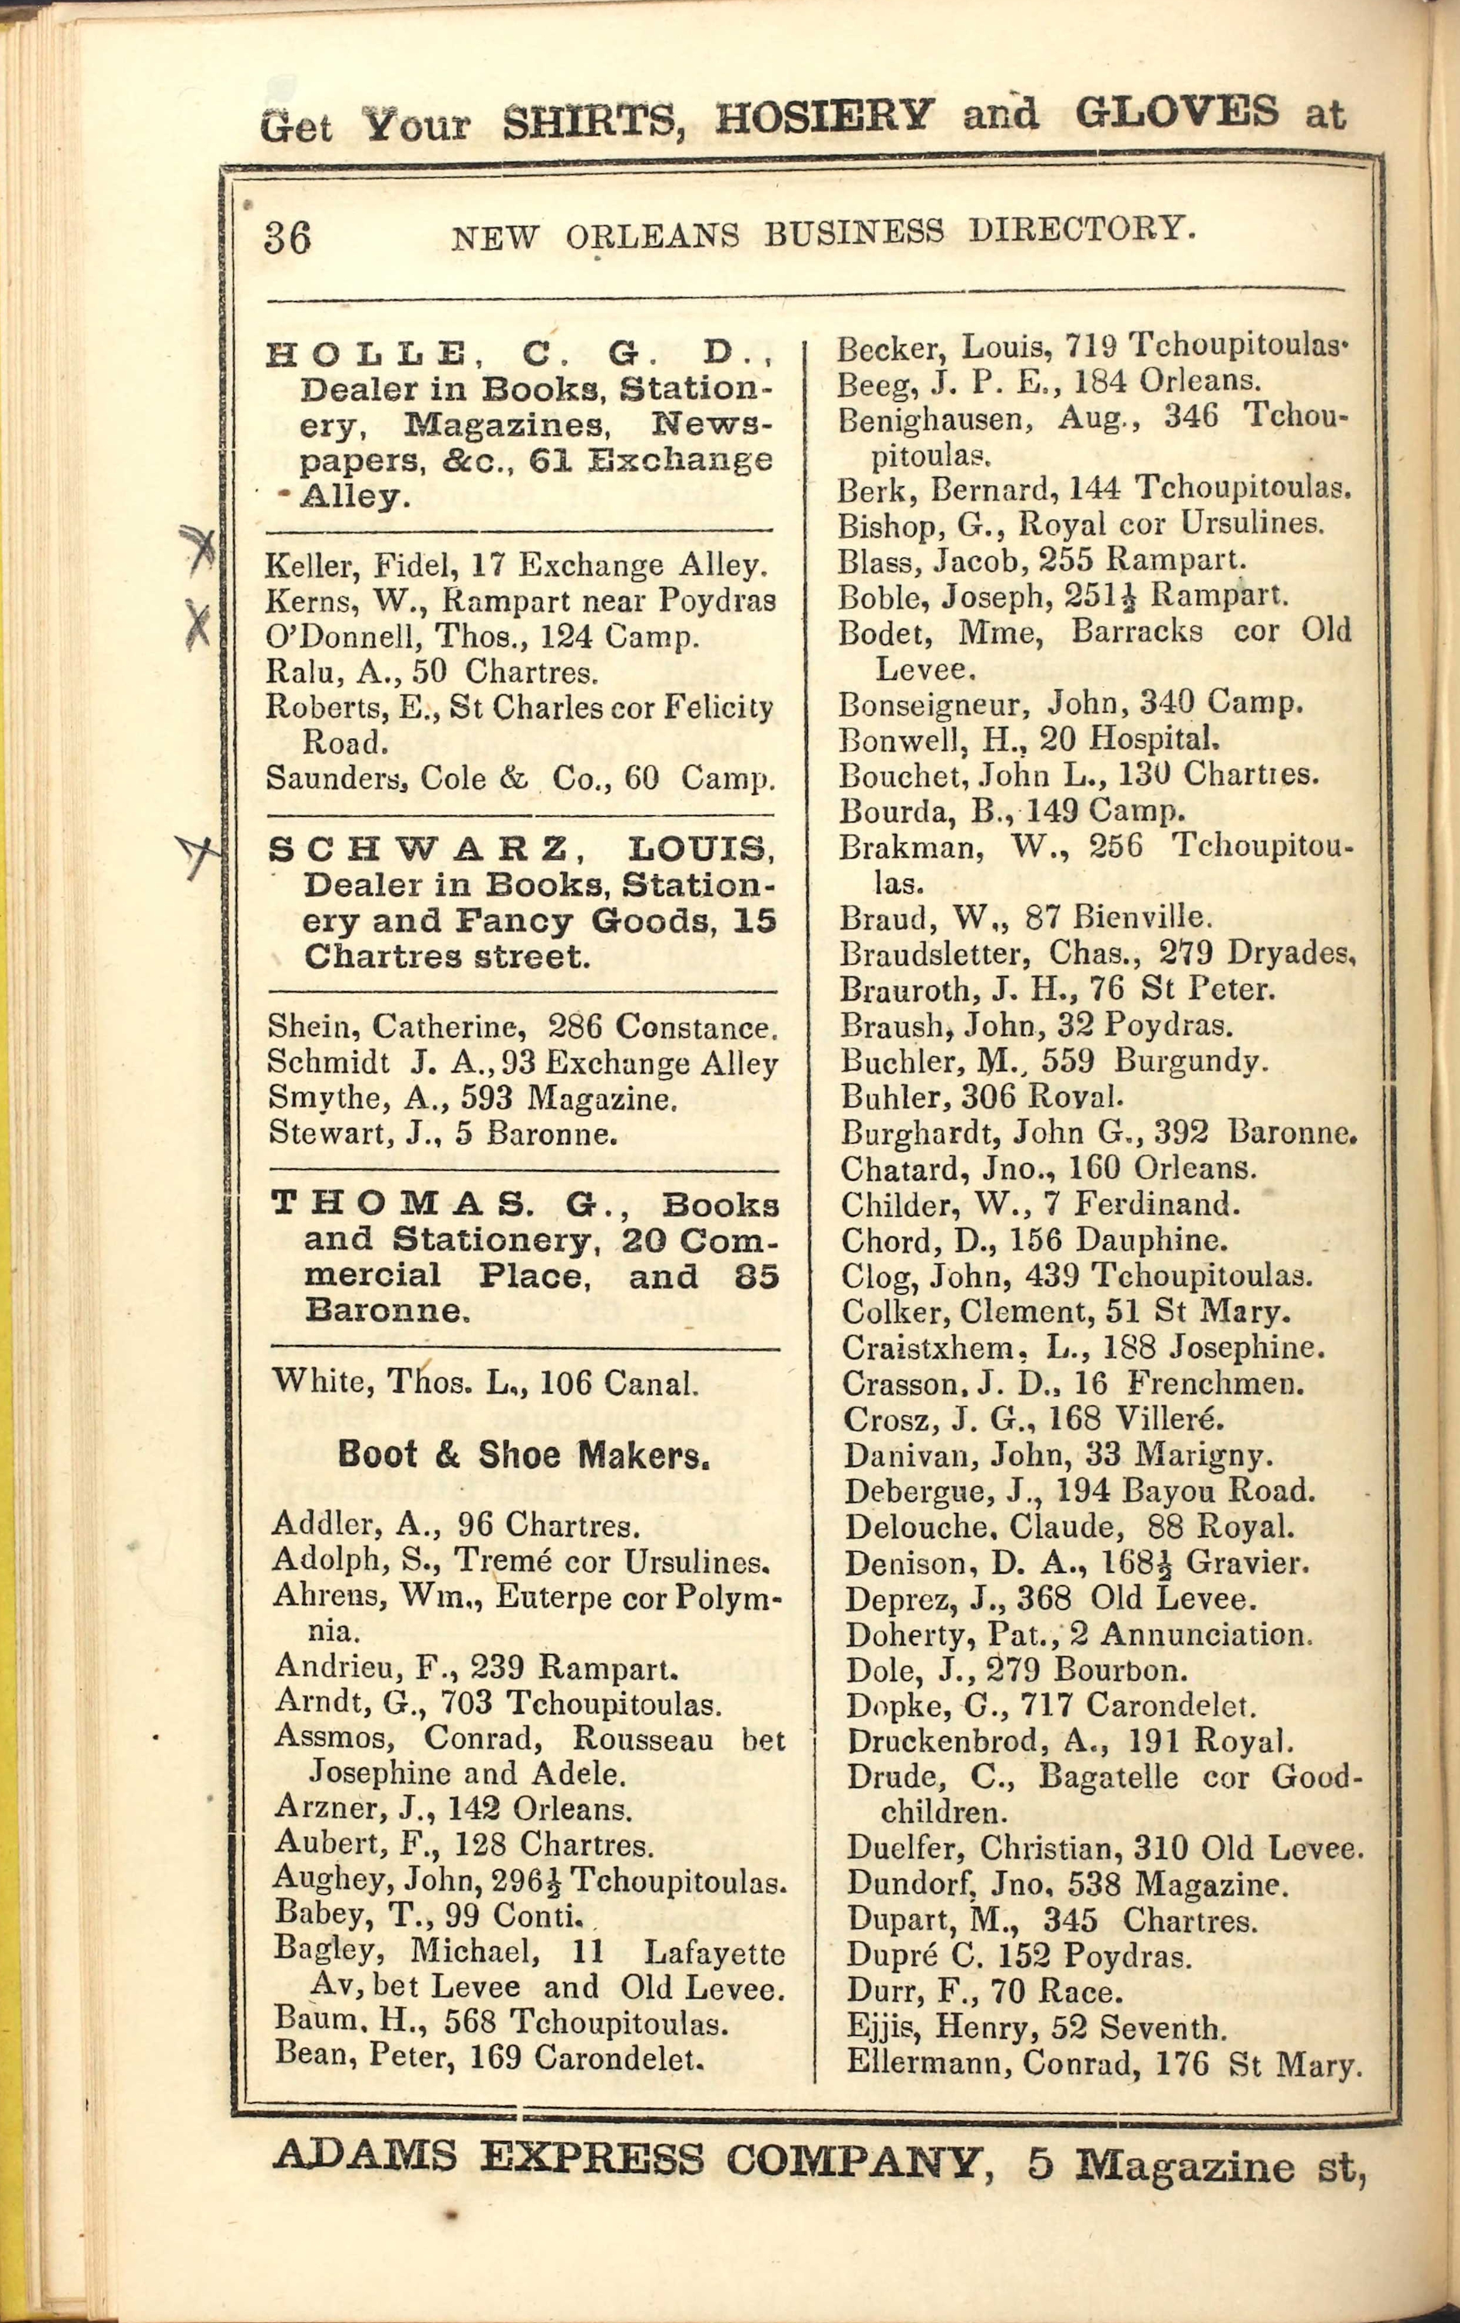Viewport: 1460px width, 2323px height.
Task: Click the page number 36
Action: coord(287,237)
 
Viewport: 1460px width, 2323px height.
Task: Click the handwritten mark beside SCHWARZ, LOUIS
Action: coord(198,855)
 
